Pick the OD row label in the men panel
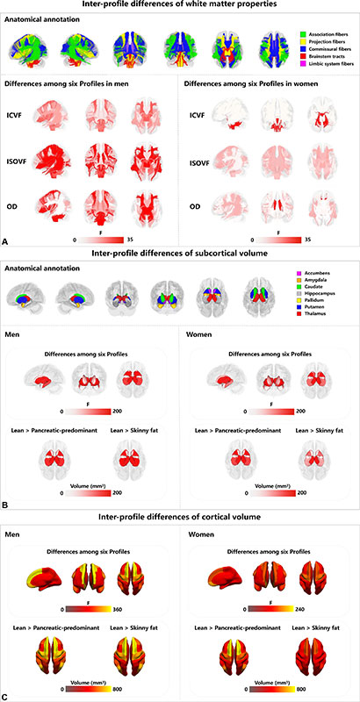click(13, 208)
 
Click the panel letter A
click(6, 239)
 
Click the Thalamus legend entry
click(318, 313)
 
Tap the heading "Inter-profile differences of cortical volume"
click(179, 517)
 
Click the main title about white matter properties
click(179, 8)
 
